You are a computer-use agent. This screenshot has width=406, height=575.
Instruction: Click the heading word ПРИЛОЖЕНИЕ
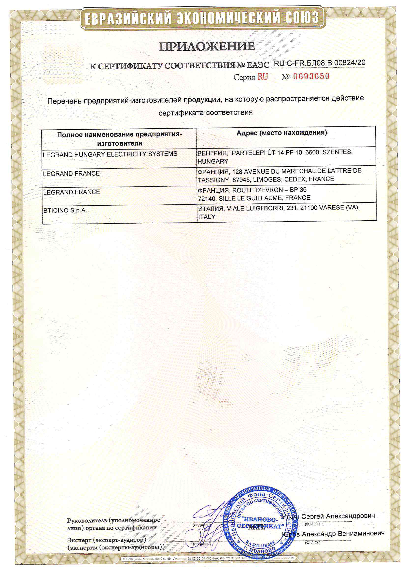[x=207, y=46]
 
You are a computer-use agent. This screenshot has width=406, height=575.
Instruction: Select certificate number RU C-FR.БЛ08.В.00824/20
[x=320, y=63]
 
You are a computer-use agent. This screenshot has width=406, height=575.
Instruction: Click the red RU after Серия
[x=263, y=77]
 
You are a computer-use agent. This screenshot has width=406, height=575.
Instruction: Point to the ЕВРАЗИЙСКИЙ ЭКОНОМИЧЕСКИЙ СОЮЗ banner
[x=202, y=18]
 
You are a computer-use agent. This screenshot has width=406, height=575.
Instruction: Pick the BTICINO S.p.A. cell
[x=65, y=210]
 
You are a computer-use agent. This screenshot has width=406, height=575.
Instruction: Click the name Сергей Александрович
[x=338, y=516]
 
